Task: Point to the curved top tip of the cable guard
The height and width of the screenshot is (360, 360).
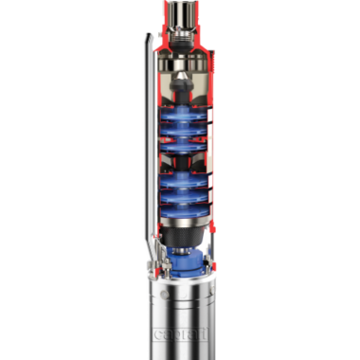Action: [x=147, y=36]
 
